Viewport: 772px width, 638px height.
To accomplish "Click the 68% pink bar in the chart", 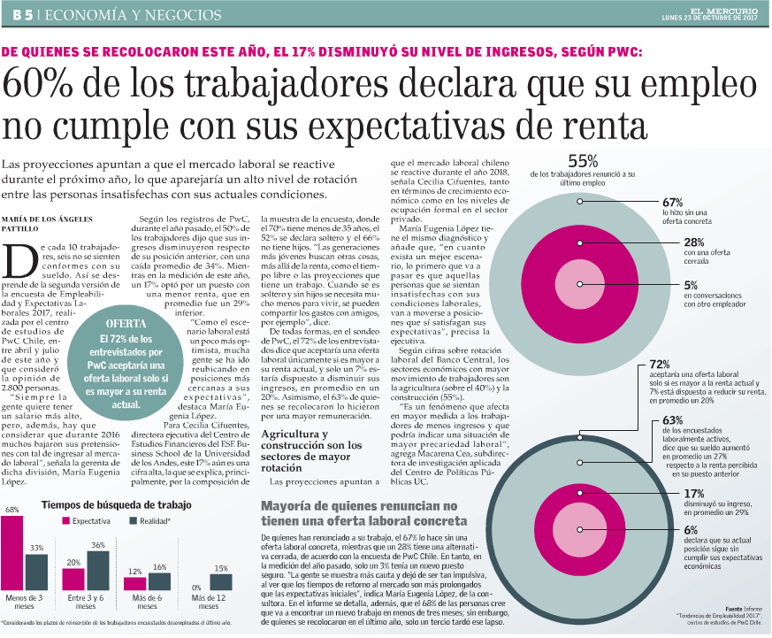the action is coord(11,553).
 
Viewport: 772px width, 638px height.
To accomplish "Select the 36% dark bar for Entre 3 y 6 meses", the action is coord(98,571).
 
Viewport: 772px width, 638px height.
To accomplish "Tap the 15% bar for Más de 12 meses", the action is coord(220,582).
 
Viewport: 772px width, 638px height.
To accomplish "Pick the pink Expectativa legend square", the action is coord(65,520).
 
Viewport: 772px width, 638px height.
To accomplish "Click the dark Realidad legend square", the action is coord(133,520).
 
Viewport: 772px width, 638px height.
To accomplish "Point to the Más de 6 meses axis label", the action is coord(147,602).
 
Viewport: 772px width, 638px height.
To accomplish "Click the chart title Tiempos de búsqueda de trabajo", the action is coord(116,505).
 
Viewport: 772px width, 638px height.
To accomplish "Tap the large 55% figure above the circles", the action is coord(583,161).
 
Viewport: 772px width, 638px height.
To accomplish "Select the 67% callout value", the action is coord(673,203).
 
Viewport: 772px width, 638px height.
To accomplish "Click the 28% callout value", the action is coord(693,242).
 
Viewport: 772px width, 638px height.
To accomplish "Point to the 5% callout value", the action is coord(691,285).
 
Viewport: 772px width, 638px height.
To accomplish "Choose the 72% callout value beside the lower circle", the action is coord(660,364).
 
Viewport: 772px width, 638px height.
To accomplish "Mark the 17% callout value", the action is coord(693,494).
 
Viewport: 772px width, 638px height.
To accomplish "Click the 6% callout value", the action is coord(691,530).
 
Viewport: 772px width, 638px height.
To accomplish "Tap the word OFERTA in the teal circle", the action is coord(126,324).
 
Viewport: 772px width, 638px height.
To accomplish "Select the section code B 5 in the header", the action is coord(23,15).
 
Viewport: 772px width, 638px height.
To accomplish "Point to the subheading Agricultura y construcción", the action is coord(311,450).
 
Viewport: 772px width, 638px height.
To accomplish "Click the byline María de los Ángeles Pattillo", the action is coord(47,224).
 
